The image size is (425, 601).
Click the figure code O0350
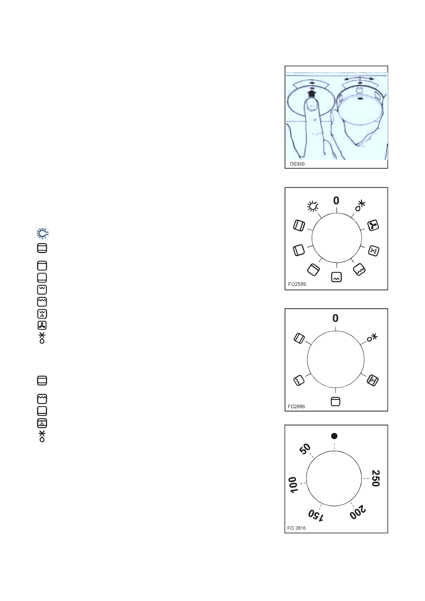pyautogui.click(x=297, y=164)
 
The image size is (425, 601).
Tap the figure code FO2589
pyautogui.click(x=297, y=284)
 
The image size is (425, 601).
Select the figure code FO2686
pyautogui.click(x=296, y=406)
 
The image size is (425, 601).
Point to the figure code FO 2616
pyautogui.click(x=296, y=528)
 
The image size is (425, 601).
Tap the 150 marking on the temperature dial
pyautogui.click(x=316, y=515)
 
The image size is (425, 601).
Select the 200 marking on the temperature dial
pyautogui.click(x=357, y=512)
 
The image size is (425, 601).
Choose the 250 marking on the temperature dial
pyautogui.click(x=376, y=478)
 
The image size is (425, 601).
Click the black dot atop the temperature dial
pyautogui.click(x=334, y=436)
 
